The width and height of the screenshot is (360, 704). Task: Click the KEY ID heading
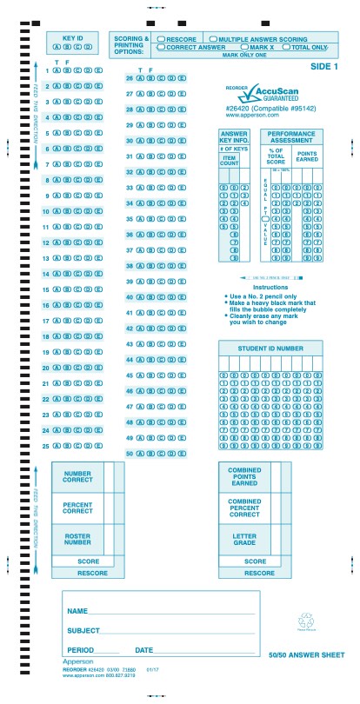click(x=72, y=38)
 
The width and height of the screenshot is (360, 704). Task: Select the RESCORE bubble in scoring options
click(x=161, y=39)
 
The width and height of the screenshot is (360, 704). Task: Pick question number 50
click(x=129, y=453)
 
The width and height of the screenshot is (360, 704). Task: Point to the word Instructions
click(x=270, y=287)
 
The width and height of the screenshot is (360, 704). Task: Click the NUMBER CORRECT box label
click(x=77, y=476)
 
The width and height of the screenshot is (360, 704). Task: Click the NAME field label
click(x=77, y=611)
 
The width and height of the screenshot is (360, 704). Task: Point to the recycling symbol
click(x=305, y=621)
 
